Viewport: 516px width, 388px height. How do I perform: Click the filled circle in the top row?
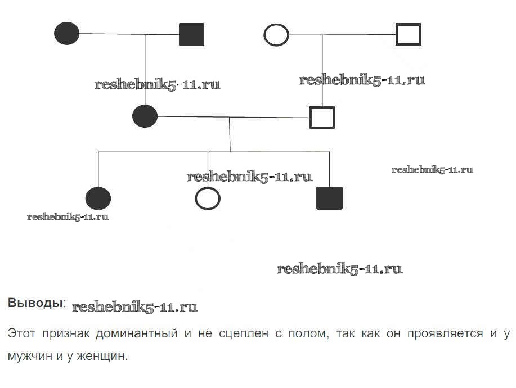point(67,34)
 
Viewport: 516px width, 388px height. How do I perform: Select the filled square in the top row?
point(191,34)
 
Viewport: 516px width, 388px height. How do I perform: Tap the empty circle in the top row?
point(276,35)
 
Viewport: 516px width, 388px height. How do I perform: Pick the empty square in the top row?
point(408,34)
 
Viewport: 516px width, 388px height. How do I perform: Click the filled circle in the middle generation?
point(145,116)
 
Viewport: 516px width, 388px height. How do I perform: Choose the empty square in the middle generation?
point(322,118)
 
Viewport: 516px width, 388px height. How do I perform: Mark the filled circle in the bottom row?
point(98,198)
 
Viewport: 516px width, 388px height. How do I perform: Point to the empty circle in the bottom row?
point(207,198)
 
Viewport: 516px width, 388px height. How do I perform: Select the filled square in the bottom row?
point(329,198)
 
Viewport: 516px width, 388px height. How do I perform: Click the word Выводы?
point(35,303)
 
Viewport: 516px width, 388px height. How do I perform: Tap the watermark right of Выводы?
point(135,308)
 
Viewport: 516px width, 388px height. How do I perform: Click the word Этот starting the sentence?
point(21,333)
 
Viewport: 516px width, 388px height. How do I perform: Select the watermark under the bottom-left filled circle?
point(68,217)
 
